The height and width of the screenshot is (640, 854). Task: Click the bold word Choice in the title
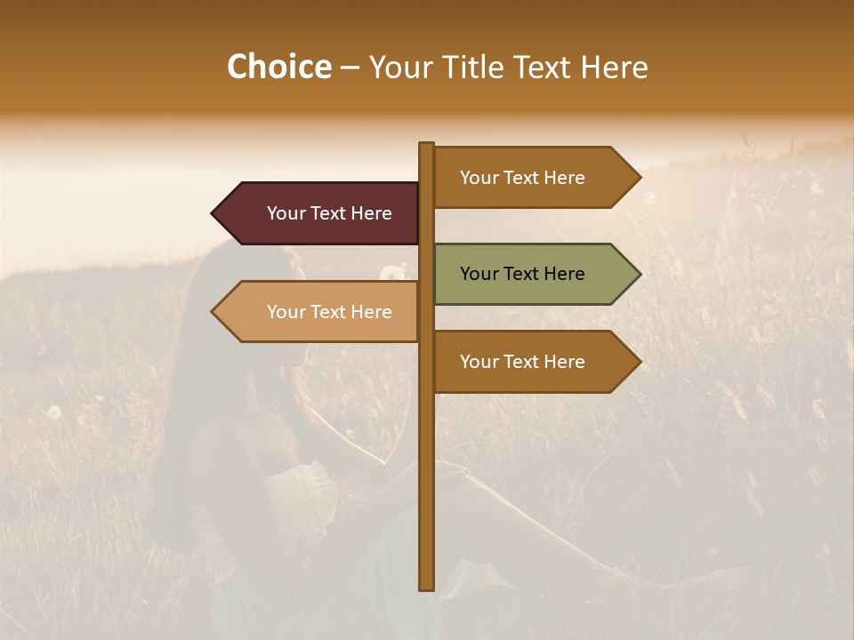(278, 68)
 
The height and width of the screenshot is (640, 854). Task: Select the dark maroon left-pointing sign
(320, 213)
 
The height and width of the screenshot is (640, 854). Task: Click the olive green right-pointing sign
(534, 274)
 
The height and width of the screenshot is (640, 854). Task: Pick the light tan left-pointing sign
(320, 312)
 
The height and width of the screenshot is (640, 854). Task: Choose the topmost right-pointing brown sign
(534, 178)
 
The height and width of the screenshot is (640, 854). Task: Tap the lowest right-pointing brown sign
(534, 362)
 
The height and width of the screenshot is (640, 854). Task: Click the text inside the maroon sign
(329, 213)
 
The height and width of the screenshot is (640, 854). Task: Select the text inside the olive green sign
(522, 274)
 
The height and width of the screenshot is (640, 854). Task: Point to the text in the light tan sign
(329, 312)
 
